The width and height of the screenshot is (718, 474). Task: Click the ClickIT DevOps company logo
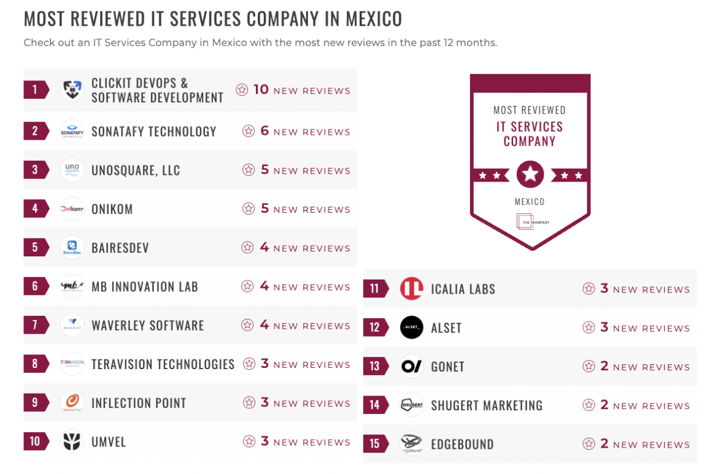72,90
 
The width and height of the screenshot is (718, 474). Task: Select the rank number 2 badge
35,131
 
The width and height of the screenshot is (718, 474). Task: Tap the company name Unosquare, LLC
136,170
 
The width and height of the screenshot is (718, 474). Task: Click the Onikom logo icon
72,209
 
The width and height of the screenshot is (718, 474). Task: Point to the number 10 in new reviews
261,90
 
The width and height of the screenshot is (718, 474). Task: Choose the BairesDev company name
120,248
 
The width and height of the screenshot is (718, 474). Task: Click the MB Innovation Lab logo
72,286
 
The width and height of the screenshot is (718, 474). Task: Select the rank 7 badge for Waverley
35,325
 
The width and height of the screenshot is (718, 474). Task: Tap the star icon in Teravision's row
249,364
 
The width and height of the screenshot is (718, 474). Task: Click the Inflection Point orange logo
72,403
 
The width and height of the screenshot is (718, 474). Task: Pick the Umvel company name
109,442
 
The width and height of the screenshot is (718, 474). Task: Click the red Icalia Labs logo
412,289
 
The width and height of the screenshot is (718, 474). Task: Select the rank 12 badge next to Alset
374,327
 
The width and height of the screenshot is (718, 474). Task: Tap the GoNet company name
447,367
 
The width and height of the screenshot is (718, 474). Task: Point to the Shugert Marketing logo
412,405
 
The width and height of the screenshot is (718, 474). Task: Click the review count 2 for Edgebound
604,444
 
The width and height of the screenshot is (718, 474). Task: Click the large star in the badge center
530,175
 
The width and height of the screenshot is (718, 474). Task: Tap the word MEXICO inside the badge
530,202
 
